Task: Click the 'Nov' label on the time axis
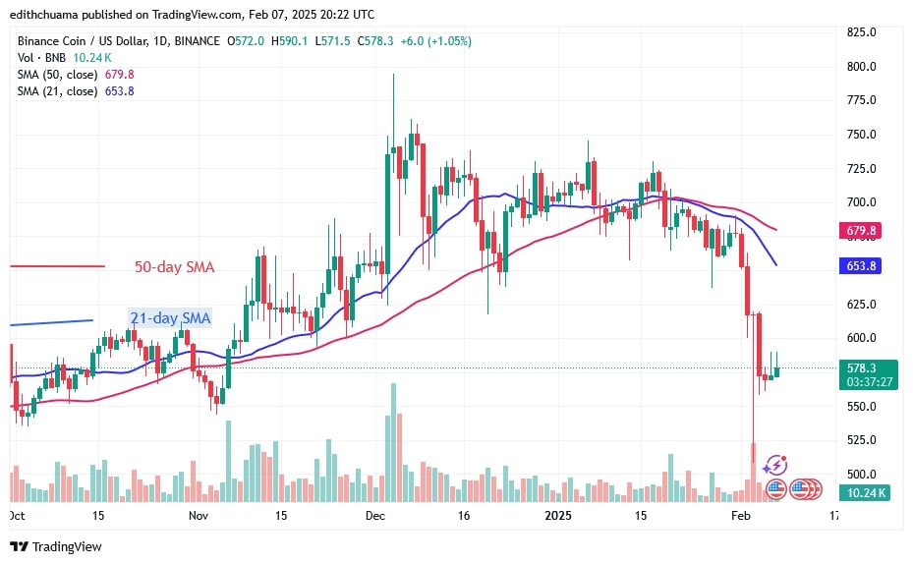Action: pyautogui.click(x=198, y=515)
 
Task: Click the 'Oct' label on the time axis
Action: pyautogui.click(x=17, y=515)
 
